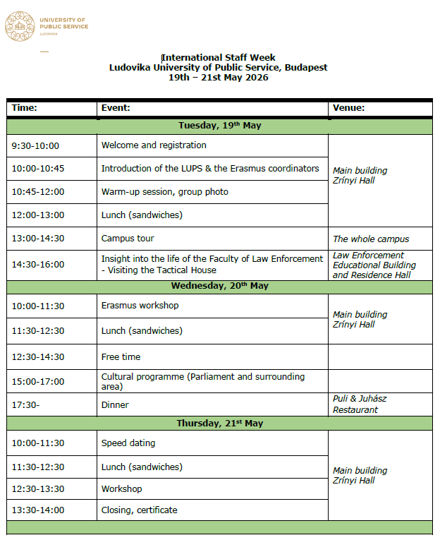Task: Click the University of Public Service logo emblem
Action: pyautogui.click(x=20, y=26)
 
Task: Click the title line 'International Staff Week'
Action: pyautogui.click(x=219, y=58)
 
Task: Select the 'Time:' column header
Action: pyautogui.click(x=25, y=108)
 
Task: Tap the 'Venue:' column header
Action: pyautogui.click(x=349, y=108)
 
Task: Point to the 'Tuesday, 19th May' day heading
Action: pyautogui.click(x=219, y=126)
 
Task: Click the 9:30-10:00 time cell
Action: pyautogui.click(x=35, y=146)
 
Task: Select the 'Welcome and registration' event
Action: pyautogui.click(x=154, y=145)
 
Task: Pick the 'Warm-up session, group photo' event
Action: pyautogui.click(x=165, y=192)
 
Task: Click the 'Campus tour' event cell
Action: pyautogui.click(x=128, y=239)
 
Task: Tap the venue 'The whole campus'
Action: pyautogui.click(x=371, y=239)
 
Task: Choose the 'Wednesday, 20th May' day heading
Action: pyautogui.click(x=219, y=287)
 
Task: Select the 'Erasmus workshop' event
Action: pyautogui.click(x=140, y=306)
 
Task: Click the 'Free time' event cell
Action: pyautogui.click(x=121, y=357)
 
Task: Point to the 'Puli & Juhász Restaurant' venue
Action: pyautogui.click(x=360, y=404)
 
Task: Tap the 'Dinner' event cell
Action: pyautogui.click(x=115, y=405)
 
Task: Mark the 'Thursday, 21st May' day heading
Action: pyautogui.click(x=219, y=424)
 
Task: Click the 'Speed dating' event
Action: pyautogui.click(x=128, y=443)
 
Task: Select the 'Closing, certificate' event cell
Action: pyautogui.click(x=139, y=510)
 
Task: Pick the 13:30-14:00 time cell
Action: pyautogui.click(x=37, y=510)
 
